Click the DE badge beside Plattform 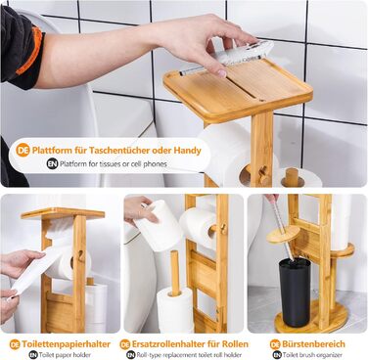click(x=23, y=151)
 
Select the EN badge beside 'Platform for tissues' click(x=52, y=163)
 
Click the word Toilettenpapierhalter click(x=67, y=344)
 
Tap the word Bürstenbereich click(x=313, y=344)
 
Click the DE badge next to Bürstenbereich click(x=275, y=344)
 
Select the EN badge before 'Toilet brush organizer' click(x=277, y=355)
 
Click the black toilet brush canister click(x=295, y=292)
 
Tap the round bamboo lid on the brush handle click(x=283, y=234)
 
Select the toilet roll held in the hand click(x=159, y=225)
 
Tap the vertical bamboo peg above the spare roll click(x=175, y=273)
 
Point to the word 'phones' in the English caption click(x=155, y=163)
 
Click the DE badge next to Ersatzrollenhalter click(x=125, y=344)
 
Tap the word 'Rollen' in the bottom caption click(x=235, y=344)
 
